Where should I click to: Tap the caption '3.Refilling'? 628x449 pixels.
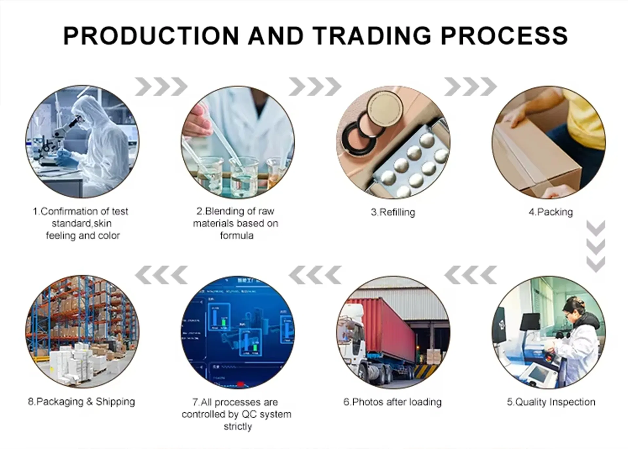393,212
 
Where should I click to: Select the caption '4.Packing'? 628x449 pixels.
551,212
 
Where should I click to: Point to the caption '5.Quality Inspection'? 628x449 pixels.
551,402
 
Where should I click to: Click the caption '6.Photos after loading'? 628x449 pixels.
392,402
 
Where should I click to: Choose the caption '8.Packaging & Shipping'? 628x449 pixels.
82,402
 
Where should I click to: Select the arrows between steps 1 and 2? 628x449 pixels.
161,87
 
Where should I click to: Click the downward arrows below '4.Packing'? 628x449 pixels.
596,246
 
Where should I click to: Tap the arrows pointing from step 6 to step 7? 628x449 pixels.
315,275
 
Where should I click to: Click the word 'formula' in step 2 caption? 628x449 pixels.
237,235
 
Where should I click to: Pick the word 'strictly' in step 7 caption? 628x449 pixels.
238,426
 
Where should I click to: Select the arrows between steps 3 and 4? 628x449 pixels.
470,87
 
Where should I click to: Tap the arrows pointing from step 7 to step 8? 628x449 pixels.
161,275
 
